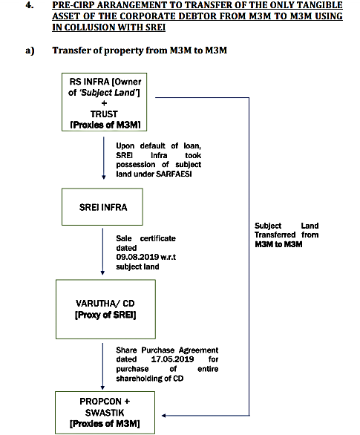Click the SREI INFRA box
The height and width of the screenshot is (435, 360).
point(102,206)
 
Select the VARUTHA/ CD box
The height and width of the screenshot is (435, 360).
point(105,309)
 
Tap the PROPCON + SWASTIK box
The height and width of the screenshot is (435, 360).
point(105,413)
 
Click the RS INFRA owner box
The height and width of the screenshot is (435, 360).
point(104,102)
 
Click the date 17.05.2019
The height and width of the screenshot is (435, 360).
point(172,359)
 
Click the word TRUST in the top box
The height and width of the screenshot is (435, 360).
point(104,114)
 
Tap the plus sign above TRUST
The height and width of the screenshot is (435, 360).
point(104,103)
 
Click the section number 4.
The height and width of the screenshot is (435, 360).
point(30,5)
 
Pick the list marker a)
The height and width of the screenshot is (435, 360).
point(30,50)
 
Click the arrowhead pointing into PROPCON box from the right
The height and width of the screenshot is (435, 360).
point(163,415)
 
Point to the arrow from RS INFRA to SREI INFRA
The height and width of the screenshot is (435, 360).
point(104,158)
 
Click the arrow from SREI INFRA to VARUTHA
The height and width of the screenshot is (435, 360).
point(102,252)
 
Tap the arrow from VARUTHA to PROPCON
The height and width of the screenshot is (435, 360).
point(102,366)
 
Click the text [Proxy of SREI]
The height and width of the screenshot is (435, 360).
point(105,315)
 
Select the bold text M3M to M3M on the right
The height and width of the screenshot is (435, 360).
point(278,244)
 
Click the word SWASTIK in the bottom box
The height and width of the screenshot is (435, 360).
point(105,413)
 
